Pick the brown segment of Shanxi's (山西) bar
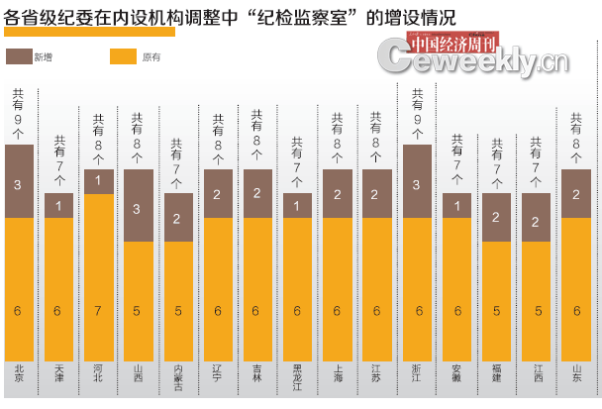point(139,205)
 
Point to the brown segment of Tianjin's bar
point(59,205)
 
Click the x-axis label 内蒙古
point(178,378)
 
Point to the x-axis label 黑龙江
point(298,378)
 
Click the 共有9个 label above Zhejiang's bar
point(418,110)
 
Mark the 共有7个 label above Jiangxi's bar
point(537,159)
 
